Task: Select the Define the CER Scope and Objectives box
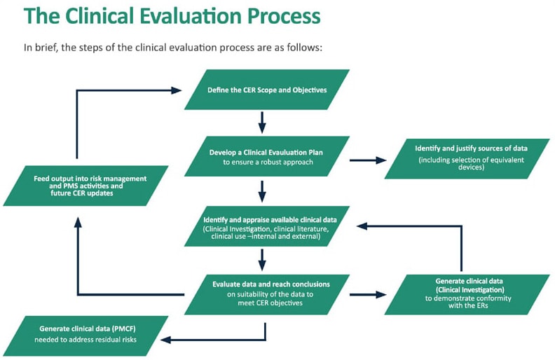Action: (267, 90)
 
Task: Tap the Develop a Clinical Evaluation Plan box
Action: (267, 156)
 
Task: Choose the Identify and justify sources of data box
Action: (467, 159)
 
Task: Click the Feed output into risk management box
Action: (85, 186)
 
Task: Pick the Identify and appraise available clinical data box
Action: (267, 226)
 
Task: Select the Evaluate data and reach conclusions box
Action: (267, 295)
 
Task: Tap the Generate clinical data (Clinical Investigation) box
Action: (467, 295)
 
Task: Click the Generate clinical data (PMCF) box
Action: (85, 336)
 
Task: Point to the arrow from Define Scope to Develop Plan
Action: (262, 123)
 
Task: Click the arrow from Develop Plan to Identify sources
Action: (368, 160)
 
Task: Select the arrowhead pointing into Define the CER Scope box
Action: (177, 90)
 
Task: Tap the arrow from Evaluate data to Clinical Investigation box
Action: (368, 295)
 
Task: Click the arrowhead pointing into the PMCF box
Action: (165, 340)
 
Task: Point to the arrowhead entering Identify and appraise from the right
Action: (362, 226)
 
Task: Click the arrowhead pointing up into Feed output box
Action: (78, 222)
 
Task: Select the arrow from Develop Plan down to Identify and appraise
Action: (262, 192)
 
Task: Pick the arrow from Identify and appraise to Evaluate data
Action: (262, 260)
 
